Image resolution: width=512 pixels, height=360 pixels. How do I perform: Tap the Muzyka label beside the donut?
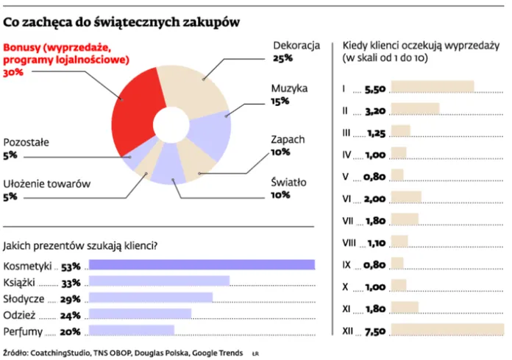point(288,88)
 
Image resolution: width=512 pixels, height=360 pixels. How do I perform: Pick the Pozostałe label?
point(26,142)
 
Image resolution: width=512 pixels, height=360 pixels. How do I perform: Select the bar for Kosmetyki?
point(200,266)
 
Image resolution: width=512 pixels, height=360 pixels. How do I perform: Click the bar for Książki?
point(158,282)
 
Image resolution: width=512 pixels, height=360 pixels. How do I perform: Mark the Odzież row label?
point(20,314)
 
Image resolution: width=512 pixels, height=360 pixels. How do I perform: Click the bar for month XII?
point(447,331)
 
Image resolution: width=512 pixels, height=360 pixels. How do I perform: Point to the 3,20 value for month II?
point(374,110)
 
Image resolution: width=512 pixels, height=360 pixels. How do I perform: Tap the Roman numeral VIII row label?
point(349,242)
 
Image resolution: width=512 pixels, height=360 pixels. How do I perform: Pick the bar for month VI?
point(406,198)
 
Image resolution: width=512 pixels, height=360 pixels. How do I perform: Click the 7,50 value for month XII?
point(374,331)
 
